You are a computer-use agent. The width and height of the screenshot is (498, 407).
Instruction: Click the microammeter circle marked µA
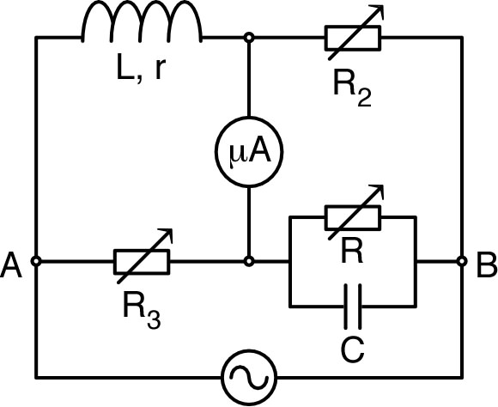pyautogui.click(x=249, y=155)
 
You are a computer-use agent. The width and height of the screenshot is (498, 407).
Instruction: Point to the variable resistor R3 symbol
pyautogui.click(x=142, y=260)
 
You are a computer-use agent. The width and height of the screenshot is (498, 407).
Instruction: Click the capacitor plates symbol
pyautogui.click(x=353, y=305)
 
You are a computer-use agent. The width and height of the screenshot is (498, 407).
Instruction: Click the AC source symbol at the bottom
pyautogui.click(x=249, y=378)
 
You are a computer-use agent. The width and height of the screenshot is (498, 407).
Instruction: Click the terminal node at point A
pyautogui.click(x=36, y=260)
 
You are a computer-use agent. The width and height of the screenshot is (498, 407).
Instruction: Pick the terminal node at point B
pyautogui.click(x=462, y=260)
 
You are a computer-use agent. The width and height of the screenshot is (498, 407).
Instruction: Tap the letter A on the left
pyautogui.click(x=13, y=264)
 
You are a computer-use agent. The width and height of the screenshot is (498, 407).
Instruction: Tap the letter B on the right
pyautogui.click(x=485, y=264)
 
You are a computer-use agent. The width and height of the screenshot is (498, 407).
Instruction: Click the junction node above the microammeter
pyautogui.click(x=249, y=38)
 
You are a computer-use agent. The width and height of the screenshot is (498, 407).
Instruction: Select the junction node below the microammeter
pyautogui.click(x=249, y=260)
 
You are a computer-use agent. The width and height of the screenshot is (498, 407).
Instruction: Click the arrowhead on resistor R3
pyautogui.click(x=168, y=234)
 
